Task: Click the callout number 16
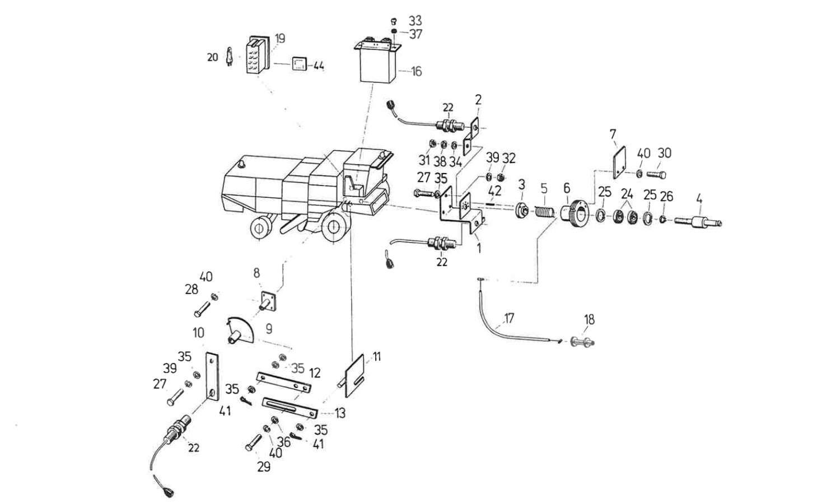[416, 72]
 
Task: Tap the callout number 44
[318, 66]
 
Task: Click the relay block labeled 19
[258, 55]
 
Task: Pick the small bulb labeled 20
[228, 57]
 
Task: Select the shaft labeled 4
[697, 222]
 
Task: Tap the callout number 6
[566, 188]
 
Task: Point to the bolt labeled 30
[656, 175]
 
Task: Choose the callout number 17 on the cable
[508, 319]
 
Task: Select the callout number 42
[494, 191]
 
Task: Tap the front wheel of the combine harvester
[334, 227]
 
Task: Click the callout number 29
[263, 466]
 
